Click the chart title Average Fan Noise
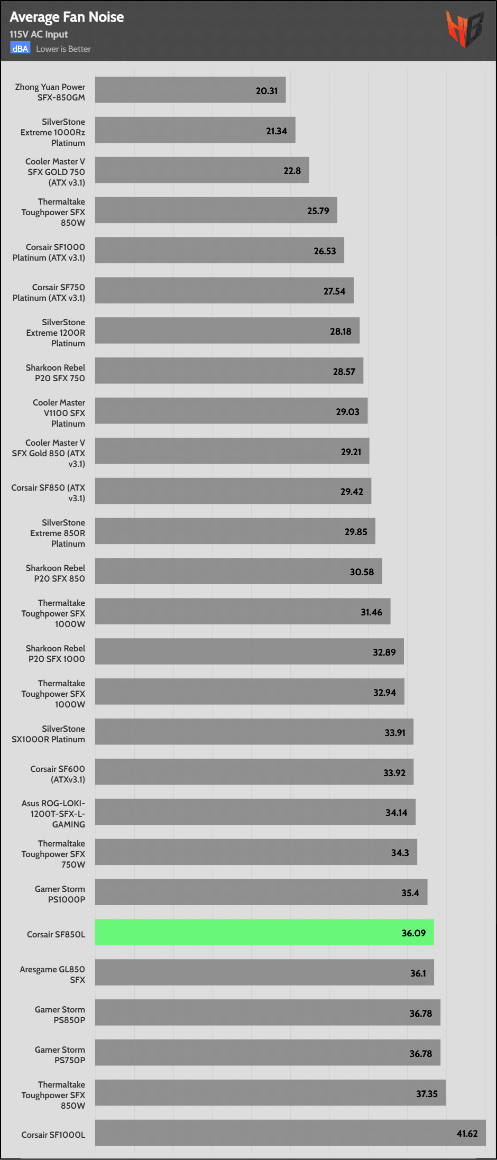(67, 17)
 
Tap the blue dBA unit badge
(20, 49)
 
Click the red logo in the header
(464, 29)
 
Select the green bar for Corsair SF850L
(264, 932)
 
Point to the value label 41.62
(467, 1133)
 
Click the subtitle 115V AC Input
(39, 34)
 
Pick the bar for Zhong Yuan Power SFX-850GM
(190, 90)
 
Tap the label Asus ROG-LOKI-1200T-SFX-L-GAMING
(53, 814)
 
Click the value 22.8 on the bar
(292, 171)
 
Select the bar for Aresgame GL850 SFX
(264, 972)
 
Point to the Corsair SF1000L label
(53, 1135)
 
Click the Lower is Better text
(63, 49)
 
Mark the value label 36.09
(413, 933)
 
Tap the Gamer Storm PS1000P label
(60, 894)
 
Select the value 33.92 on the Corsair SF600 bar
(394, 772)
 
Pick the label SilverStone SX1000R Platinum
(48, 734)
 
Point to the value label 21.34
(276, 131)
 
